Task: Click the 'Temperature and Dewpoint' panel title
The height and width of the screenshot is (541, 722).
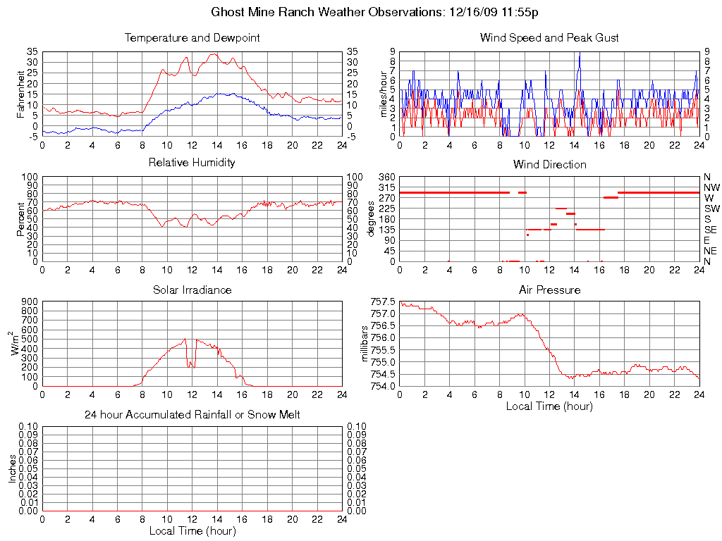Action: click(x=192, y=37)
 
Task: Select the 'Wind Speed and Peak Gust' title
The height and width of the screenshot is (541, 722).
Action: click(x=549, y=37)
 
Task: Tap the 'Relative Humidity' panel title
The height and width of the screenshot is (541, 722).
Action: click(x=192, y=163)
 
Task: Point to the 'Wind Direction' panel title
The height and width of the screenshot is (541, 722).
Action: click(x=549, y=165)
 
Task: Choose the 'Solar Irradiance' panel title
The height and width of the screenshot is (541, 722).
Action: click(x=192, y=290)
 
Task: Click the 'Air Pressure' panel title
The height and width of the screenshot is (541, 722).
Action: click(x=549, y=290)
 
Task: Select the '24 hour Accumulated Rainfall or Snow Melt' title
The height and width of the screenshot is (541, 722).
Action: click(x=192, y=415)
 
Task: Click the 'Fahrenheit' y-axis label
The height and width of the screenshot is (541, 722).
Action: click(x=20, y=94)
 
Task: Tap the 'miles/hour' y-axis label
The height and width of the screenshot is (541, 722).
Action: click(x=385, y=94)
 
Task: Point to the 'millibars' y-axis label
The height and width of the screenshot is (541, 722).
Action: click(x=366, y=344)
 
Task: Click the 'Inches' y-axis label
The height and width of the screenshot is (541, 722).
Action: click(x=13, y=468)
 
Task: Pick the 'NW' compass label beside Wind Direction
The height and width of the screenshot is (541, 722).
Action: click(x=711, y=187)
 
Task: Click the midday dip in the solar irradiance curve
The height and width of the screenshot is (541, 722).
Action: click(x=190, y=365)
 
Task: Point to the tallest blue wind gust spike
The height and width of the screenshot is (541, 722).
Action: click(x=579, y=54)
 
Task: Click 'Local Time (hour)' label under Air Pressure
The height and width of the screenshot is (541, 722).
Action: click(x=549, y=406)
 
